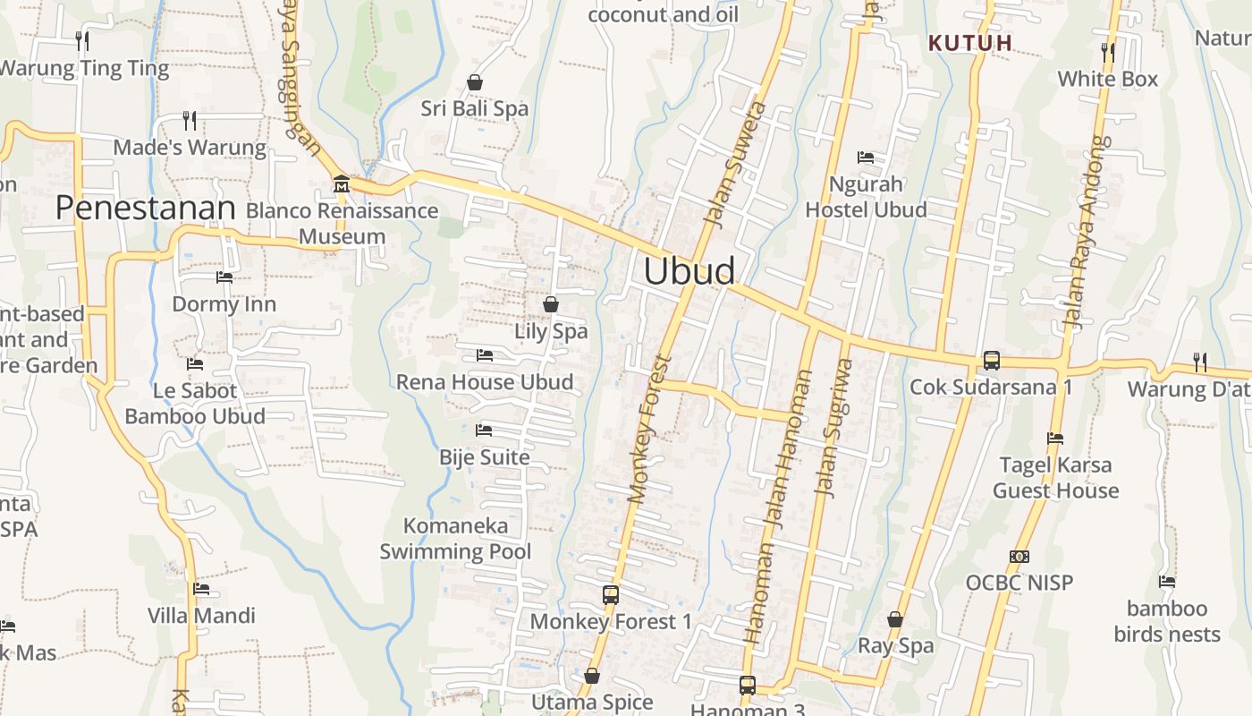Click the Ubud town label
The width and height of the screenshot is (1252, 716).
point(689,271)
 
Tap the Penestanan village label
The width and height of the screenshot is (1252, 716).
point(145,208)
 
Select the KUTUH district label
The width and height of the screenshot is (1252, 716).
point(970,42)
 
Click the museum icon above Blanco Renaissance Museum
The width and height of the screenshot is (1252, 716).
point(341,184)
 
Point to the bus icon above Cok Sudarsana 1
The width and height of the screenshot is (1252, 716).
point(991,361)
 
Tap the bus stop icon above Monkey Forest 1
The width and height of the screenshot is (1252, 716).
point(611,594)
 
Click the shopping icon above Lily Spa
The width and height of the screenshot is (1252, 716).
point(551,304)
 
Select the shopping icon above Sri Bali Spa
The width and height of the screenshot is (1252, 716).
point(475,82)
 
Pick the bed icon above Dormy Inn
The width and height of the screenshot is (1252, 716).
point(224,277)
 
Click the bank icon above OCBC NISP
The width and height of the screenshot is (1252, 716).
point(1019,557)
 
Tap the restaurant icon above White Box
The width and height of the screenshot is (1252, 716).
point(1108,52)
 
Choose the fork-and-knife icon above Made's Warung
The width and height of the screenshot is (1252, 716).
point(189,120)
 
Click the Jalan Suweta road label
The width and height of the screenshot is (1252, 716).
point(735,163)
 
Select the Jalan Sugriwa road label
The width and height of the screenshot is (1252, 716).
point(831,428)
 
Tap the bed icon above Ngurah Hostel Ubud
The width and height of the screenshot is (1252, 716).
point(866,158)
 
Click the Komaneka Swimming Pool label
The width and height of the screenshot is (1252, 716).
point(455,538)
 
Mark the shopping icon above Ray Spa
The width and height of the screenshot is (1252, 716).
point(895,619)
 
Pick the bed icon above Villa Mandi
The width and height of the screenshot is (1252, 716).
point(201,589)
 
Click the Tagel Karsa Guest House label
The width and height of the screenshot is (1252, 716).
point(1055,477)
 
